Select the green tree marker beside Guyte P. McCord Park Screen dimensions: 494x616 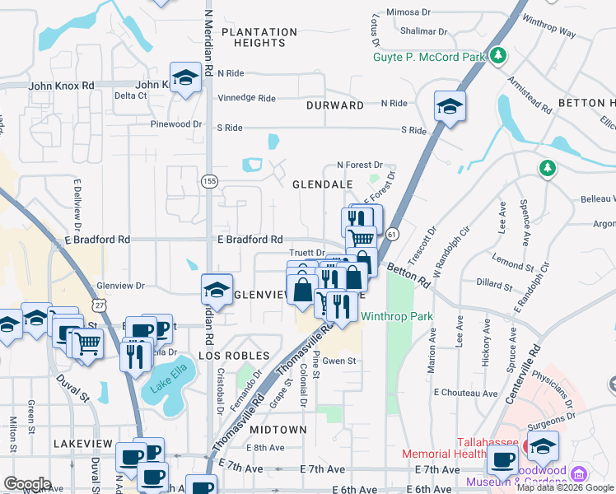(497, 56)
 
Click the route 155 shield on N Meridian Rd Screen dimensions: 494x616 (210, 180)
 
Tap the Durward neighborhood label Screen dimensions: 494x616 (335, 105)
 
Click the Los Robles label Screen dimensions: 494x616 (234, 356)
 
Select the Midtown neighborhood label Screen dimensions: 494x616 (278, 430)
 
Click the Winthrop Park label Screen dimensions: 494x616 (396, 316)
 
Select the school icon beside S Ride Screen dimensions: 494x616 (450, 105)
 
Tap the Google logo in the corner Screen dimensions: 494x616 (27, 483)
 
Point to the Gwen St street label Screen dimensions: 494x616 (338, 361)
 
